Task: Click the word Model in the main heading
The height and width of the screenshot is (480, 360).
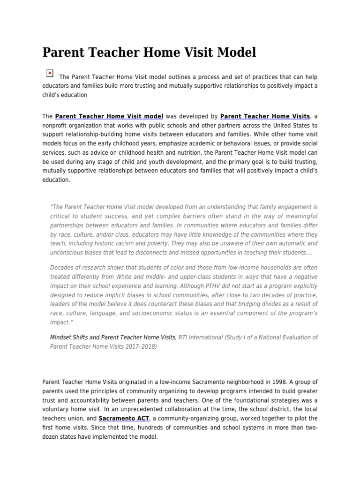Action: [235, 52]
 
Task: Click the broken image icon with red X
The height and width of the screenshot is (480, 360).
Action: [50, 73]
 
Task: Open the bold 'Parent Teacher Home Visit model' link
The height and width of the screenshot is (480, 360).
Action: [109, 116]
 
